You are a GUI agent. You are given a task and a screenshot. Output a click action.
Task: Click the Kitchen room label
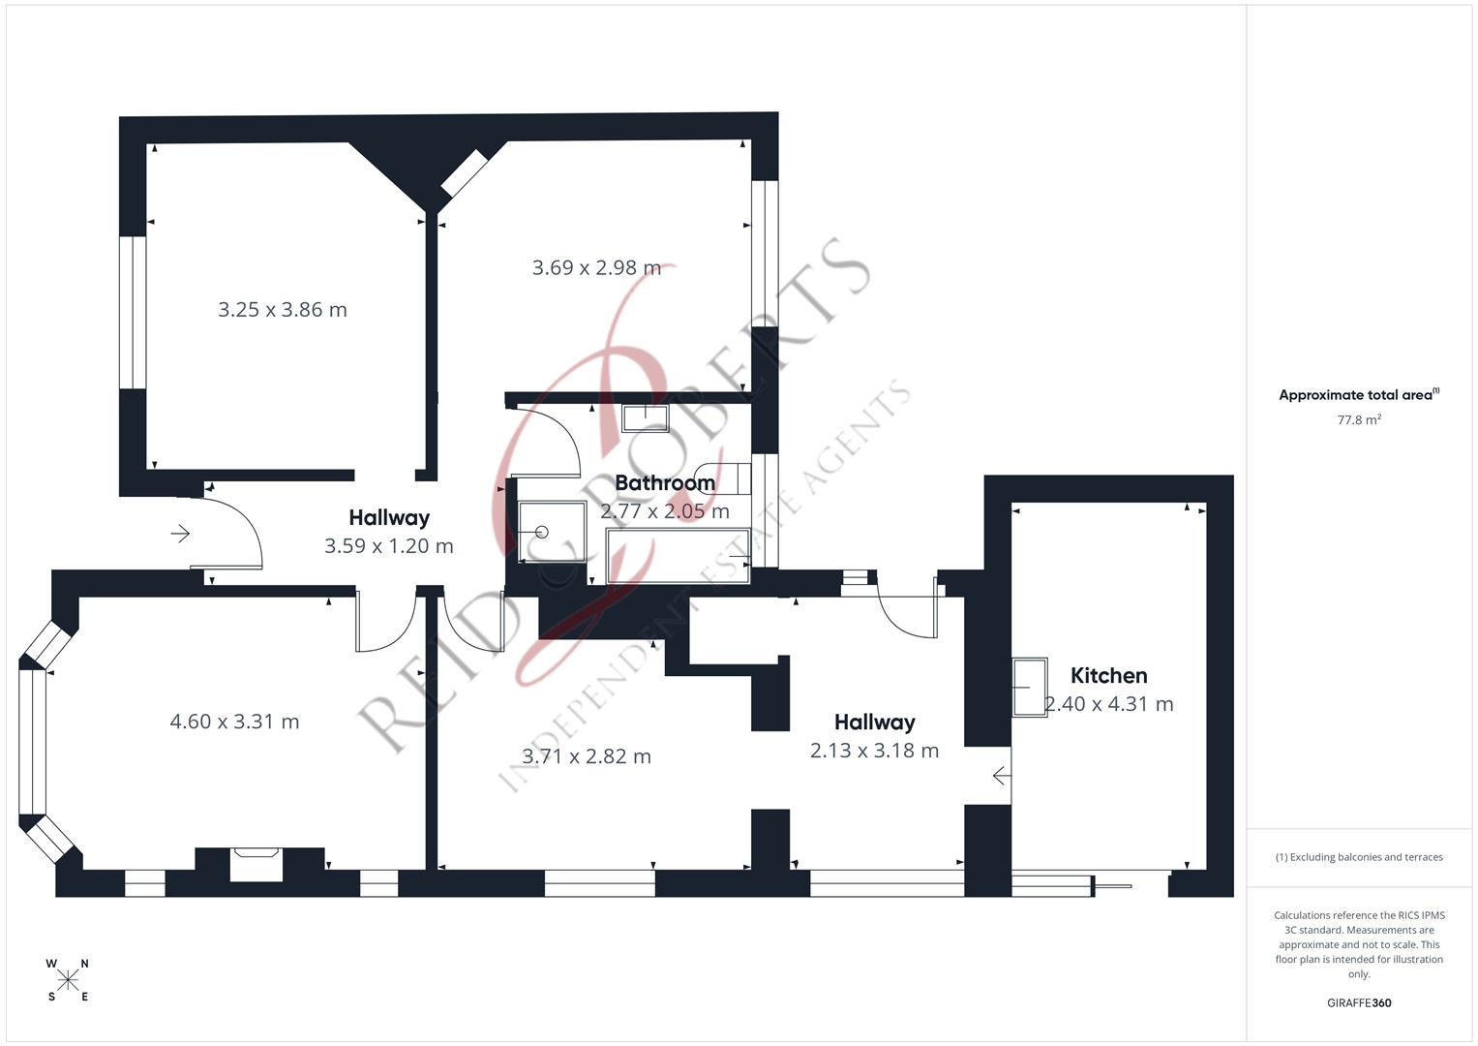1108,676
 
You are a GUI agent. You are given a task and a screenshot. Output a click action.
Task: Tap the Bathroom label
665,482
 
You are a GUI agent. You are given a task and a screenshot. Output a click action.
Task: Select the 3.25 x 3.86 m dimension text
282,310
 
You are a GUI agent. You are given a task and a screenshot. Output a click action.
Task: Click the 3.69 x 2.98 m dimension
596,267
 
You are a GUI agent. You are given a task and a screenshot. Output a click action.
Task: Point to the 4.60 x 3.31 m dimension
234,722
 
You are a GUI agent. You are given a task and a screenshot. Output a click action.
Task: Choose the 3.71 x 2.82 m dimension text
586,756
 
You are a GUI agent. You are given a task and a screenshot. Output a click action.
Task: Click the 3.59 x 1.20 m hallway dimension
388,546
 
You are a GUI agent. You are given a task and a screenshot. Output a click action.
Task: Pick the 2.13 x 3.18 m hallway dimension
874,751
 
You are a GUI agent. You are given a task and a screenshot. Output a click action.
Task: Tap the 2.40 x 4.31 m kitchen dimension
1109,704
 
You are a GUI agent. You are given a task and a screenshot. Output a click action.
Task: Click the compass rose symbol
68,980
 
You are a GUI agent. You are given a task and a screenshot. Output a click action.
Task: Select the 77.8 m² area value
1358,420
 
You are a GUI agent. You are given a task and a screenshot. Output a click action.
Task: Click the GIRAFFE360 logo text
1358,1002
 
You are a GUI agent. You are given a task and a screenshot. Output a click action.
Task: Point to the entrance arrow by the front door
180,534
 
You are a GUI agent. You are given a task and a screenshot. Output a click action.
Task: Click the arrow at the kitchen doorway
1002,776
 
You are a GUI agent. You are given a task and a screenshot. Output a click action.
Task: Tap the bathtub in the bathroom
678,556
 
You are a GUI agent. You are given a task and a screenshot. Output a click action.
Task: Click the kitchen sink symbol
1030,687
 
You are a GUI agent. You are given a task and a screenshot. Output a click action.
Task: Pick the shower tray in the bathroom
552,532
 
